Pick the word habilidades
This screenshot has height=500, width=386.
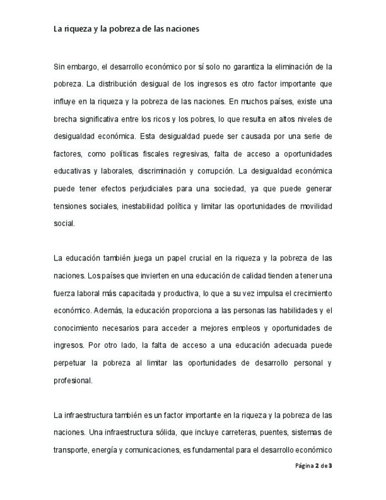290,310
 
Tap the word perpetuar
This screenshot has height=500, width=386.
71,363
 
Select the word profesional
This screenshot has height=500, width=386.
72,380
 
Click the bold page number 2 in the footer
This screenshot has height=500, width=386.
317,466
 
